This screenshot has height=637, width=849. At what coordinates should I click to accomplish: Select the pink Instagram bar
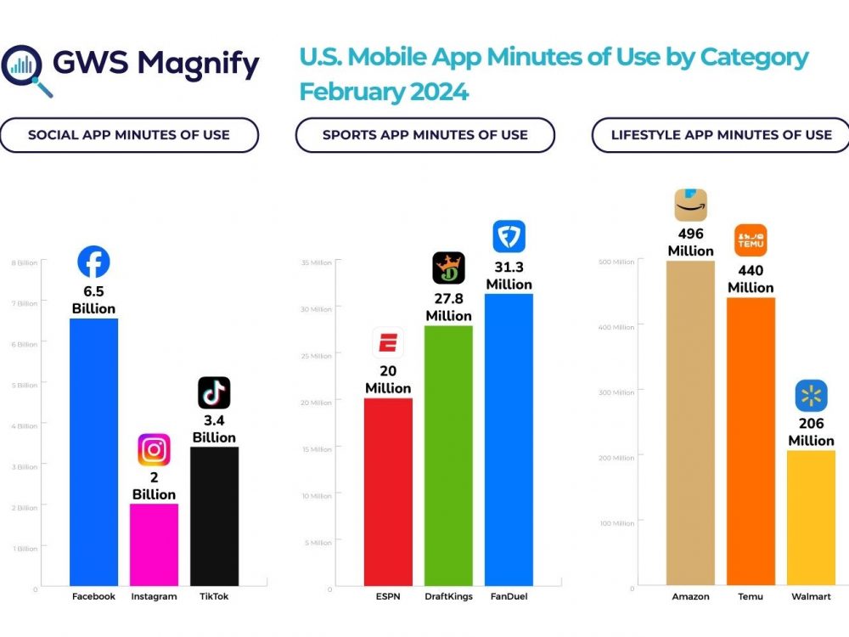(x=154, y=544)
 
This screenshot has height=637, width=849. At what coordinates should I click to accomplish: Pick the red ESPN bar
(x=388, y=492)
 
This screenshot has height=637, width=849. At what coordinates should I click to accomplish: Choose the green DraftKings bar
(x=448, y=455)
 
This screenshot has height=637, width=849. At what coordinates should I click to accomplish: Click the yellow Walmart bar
(x=811, y=517)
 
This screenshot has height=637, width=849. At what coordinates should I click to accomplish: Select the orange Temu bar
(x=751, y=441)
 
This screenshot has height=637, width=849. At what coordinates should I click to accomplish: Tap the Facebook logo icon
(x=93, y=262)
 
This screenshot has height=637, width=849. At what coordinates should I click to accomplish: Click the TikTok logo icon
(x=214, y=392)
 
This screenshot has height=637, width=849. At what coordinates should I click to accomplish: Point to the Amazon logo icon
(x=690, y=205)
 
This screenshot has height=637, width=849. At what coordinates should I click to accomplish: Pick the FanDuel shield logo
(x=509, y=236)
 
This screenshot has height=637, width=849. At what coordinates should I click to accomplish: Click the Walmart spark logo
(x=811, y=396)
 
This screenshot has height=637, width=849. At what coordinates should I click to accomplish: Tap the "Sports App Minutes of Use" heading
(x=424, y=135)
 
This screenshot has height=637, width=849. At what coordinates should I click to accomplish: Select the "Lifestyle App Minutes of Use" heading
(x=721, y=135)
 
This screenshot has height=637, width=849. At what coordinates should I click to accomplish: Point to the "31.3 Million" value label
(x=509, y=275)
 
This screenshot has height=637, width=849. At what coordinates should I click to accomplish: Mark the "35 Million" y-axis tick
(x=316, y=262)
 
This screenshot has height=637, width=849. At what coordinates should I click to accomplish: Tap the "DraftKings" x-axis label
(x=448, y=596)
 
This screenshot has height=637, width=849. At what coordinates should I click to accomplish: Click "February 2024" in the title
(x=384, y=92)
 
